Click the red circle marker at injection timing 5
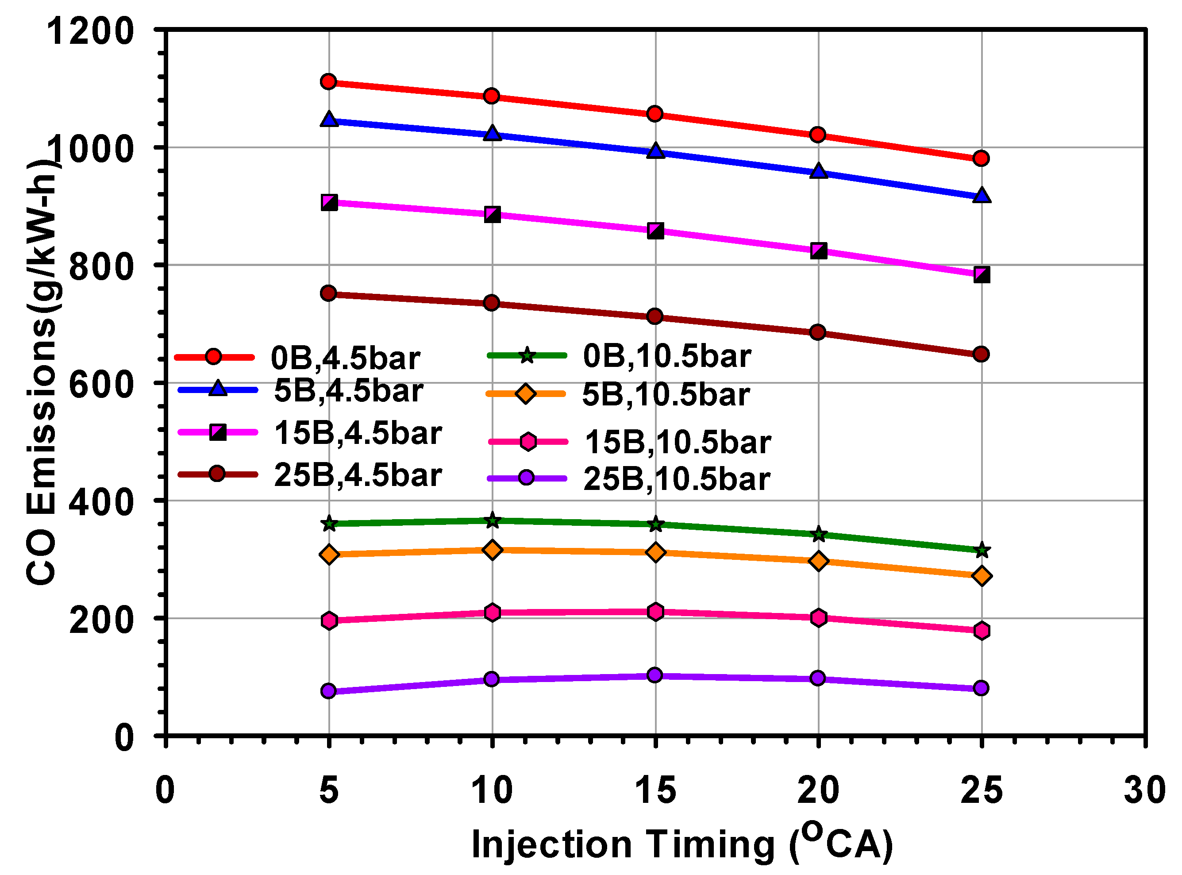point(328,81)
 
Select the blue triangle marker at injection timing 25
point(981,196)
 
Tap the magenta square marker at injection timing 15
point(655,231)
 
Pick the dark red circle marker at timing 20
point(818,332)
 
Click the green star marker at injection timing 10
point(492,520)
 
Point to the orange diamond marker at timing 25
point(981,576)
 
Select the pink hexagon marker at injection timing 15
point(655,612)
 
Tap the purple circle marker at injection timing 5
point(328,691)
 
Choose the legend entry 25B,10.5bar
point(676,479)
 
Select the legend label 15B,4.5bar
point(358,433)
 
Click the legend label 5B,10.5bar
point(666,395)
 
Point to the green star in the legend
point(527,355)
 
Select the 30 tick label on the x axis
point(1144,791)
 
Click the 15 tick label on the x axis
point(655,791)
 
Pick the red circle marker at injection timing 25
point(981,158)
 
